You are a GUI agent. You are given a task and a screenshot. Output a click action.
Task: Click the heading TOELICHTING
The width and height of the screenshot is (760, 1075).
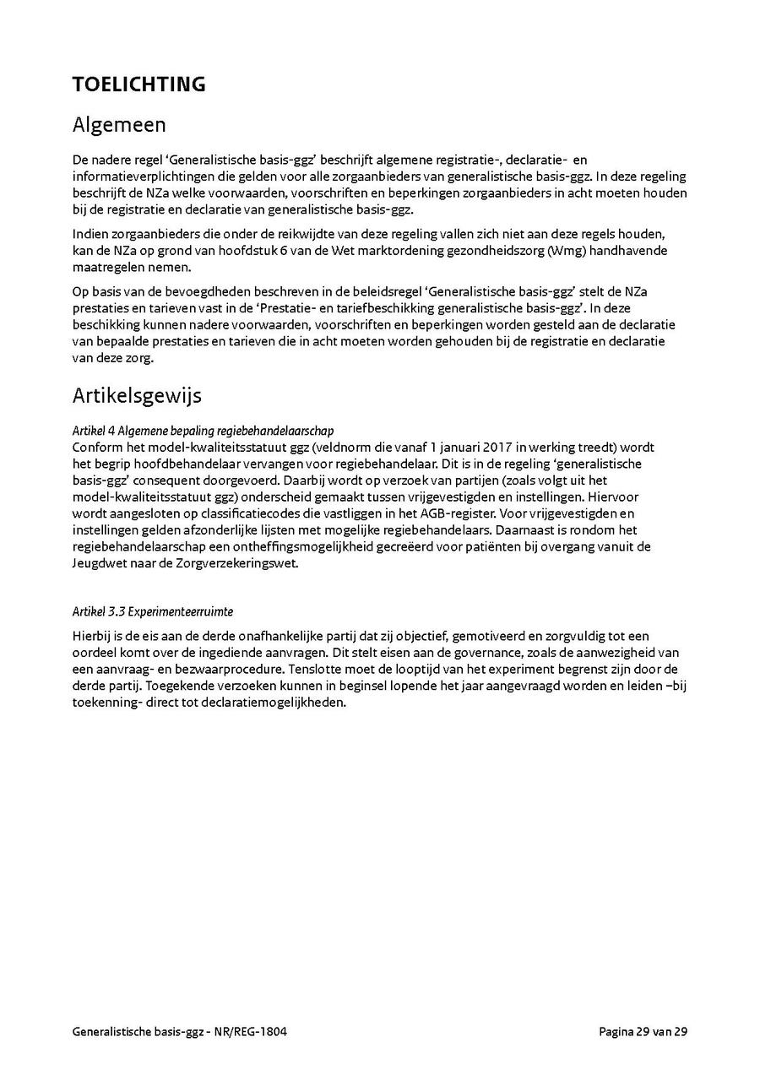tap(138, 84)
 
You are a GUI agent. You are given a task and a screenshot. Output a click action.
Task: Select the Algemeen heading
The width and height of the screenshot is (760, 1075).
tap(119, 125)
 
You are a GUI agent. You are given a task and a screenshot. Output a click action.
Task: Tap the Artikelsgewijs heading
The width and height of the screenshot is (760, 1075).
tap(137, 395)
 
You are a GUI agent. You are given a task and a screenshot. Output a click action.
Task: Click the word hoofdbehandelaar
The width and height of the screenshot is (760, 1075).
tap(174, 464)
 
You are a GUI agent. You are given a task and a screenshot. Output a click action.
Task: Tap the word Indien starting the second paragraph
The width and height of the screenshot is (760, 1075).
tap(90, 235)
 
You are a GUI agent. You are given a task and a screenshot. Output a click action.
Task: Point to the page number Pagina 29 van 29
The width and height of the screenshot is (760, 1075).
tap(643, 1032)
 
